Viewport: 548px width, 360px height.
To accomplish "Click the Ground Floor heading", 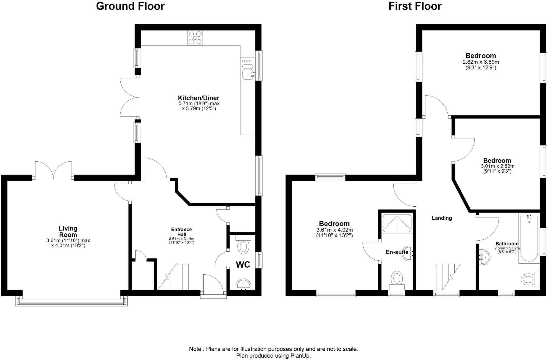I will click(x=130, y=6).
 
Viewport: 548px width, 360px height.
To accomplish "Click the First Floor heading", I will click(x=415, y=6).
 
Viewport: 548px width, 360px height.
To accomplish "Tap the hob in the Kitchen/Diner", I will click(x=195, y=38).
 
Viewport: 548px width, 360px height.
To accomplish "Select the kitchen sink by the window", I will click(x=248, y=73).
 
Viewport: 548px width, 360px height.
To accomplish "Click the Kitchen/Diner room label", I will click(x=199, y=98).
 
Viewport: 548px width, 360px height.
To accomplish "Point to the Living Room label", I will click(x=68, y=232).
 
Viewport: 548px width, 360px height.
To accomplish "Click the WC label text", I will click(x=243, y=264).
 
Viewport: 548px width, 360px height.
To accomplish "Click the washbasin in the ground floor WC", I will click(x=243, y=284).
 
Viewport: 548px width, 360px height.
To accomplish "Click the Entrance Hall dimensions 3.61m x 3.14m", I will click(x=181, y=239).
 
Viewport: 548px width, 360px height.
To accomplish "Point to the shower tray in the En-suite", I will click(x=397, y=223).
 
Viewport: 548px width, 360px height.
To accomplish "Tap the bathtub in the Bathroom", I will click(x=529, y=238).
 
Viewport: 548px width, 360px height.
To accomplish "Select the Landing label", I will click(x=442, y=218).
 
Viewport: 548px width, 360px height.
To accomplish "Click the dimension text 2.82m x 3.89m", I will click(x=481, y=62).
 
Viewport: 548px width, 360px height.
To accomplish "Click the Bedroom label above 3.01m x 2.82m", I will click(x=497, y=161).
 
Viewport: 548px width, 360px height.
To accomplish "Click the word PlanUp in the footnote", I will click(x=300, y=356).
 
